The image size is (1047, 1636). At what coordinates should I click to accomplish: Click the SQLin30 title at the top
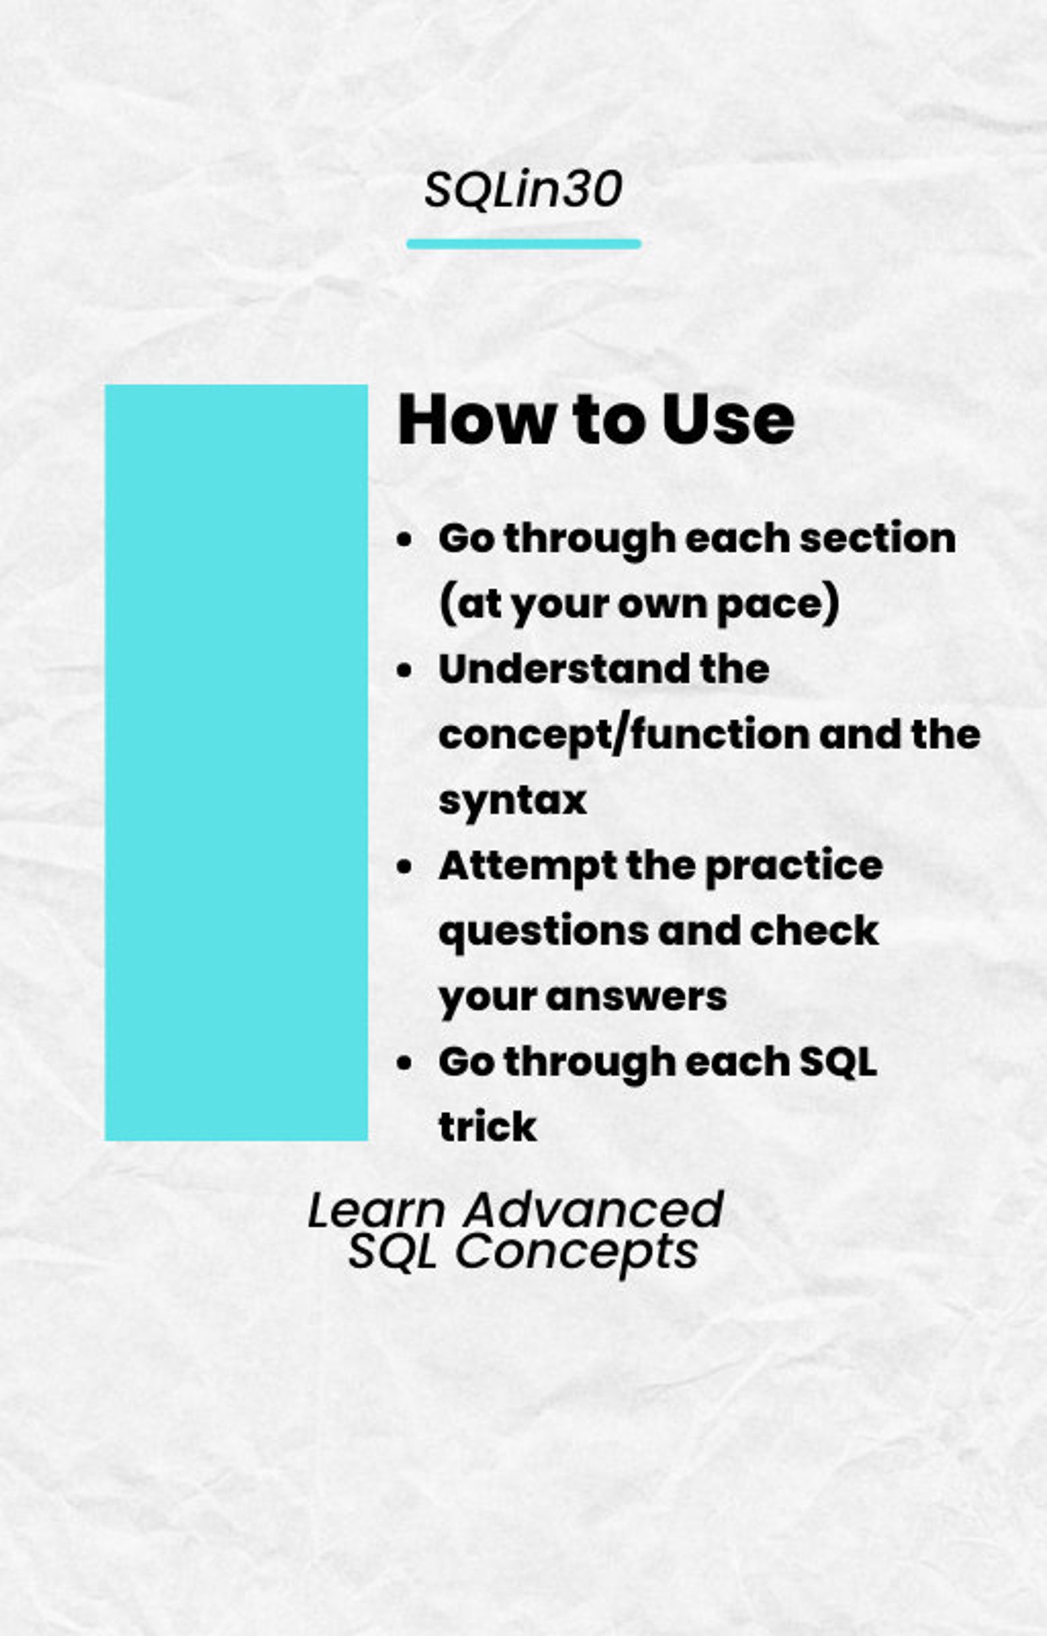pos(523,189)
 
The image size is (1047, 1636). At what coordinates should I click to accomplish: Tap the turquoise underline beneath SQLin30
pos(523,244)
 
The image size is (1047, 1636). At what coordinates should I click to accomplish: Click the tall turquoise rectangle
pos(236,762)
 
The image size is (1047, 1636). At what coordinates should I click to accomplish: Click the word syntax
pos(512,801)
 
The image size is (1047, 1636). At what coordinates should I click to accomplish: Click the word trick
pos(487,1128)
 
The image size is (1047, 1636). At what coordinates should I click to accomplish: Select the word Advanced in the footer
pos(593,1210)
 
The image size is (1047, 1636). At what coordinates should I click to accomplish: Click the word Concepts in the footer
pos(576,1251)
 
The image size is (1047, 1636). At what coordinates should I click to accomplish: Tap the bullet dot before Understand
pos(404,671)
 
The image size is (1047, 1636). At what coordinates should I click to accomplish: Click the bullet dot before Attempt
pos(404,868)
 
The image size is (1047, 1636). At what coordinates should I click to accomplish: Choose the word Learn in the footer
pos(376,1210)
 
